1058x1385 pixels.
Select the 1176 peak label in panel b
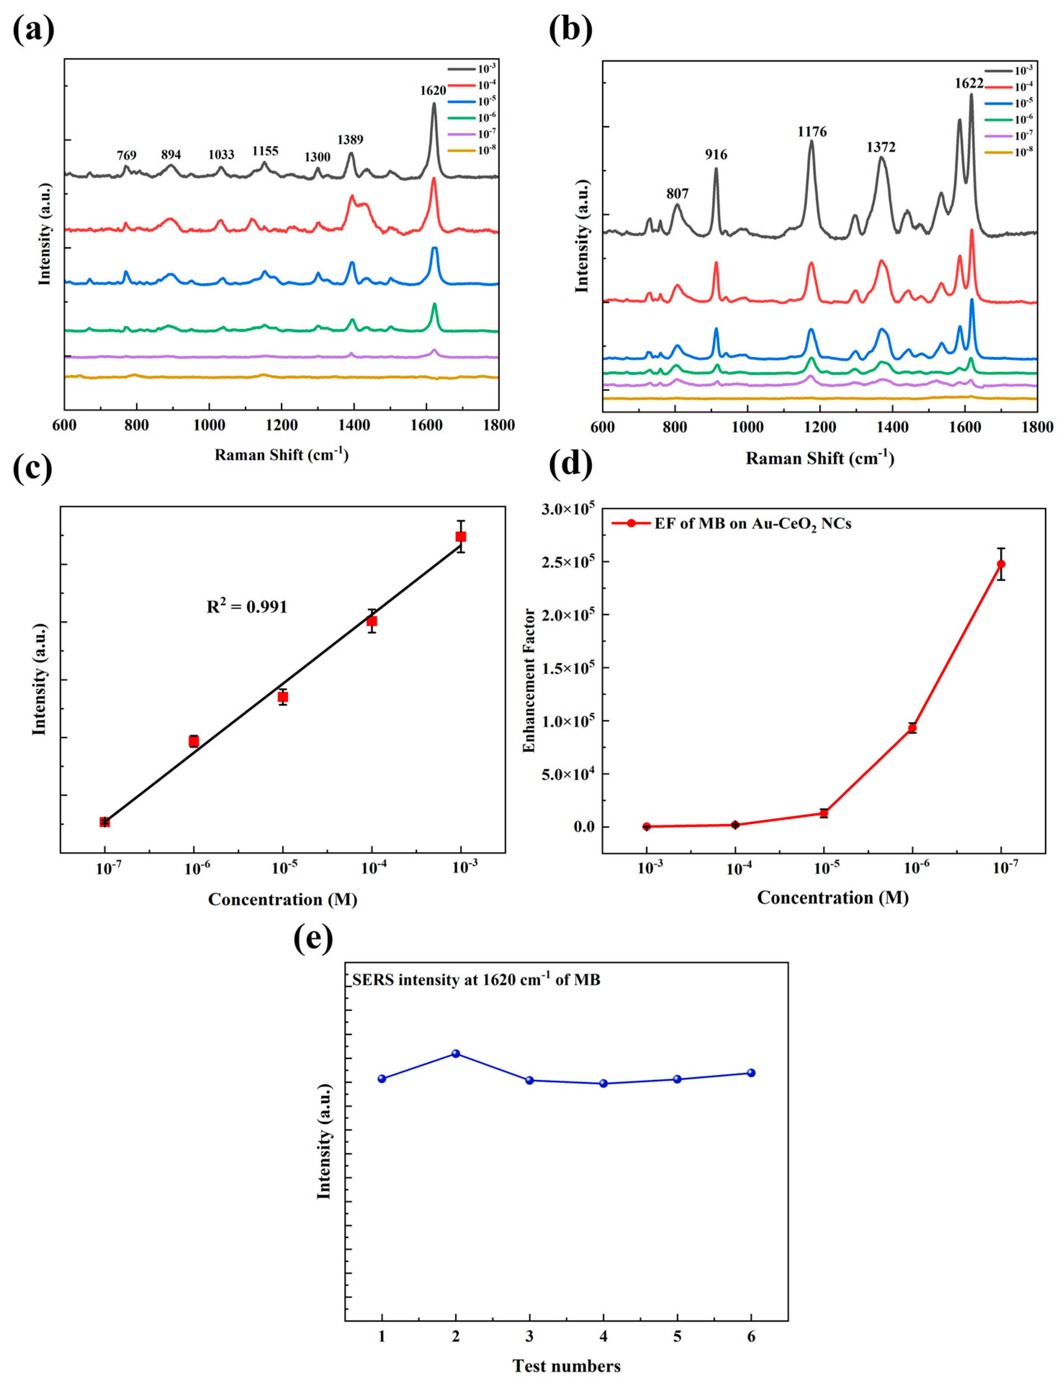point(812,132)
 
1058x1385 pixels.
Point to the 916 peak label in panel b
point(716,155)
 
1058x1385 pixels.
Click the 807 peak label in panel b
point(677,194)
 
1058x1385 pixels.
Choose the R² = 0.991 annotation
point(247,607)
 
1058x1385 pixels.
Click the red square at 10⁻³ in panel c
point(461,537)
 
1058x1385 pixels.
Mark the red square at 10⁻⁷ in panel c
point(104,822)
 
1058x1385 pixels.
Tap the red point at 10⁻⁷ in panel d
point(1001,564)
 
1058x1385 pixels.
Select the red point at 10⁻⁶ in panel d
point(912,728)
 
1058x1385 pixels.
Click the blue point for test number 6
point(751,1073)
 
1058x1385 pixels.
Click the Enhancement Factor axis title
point(529,680)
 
